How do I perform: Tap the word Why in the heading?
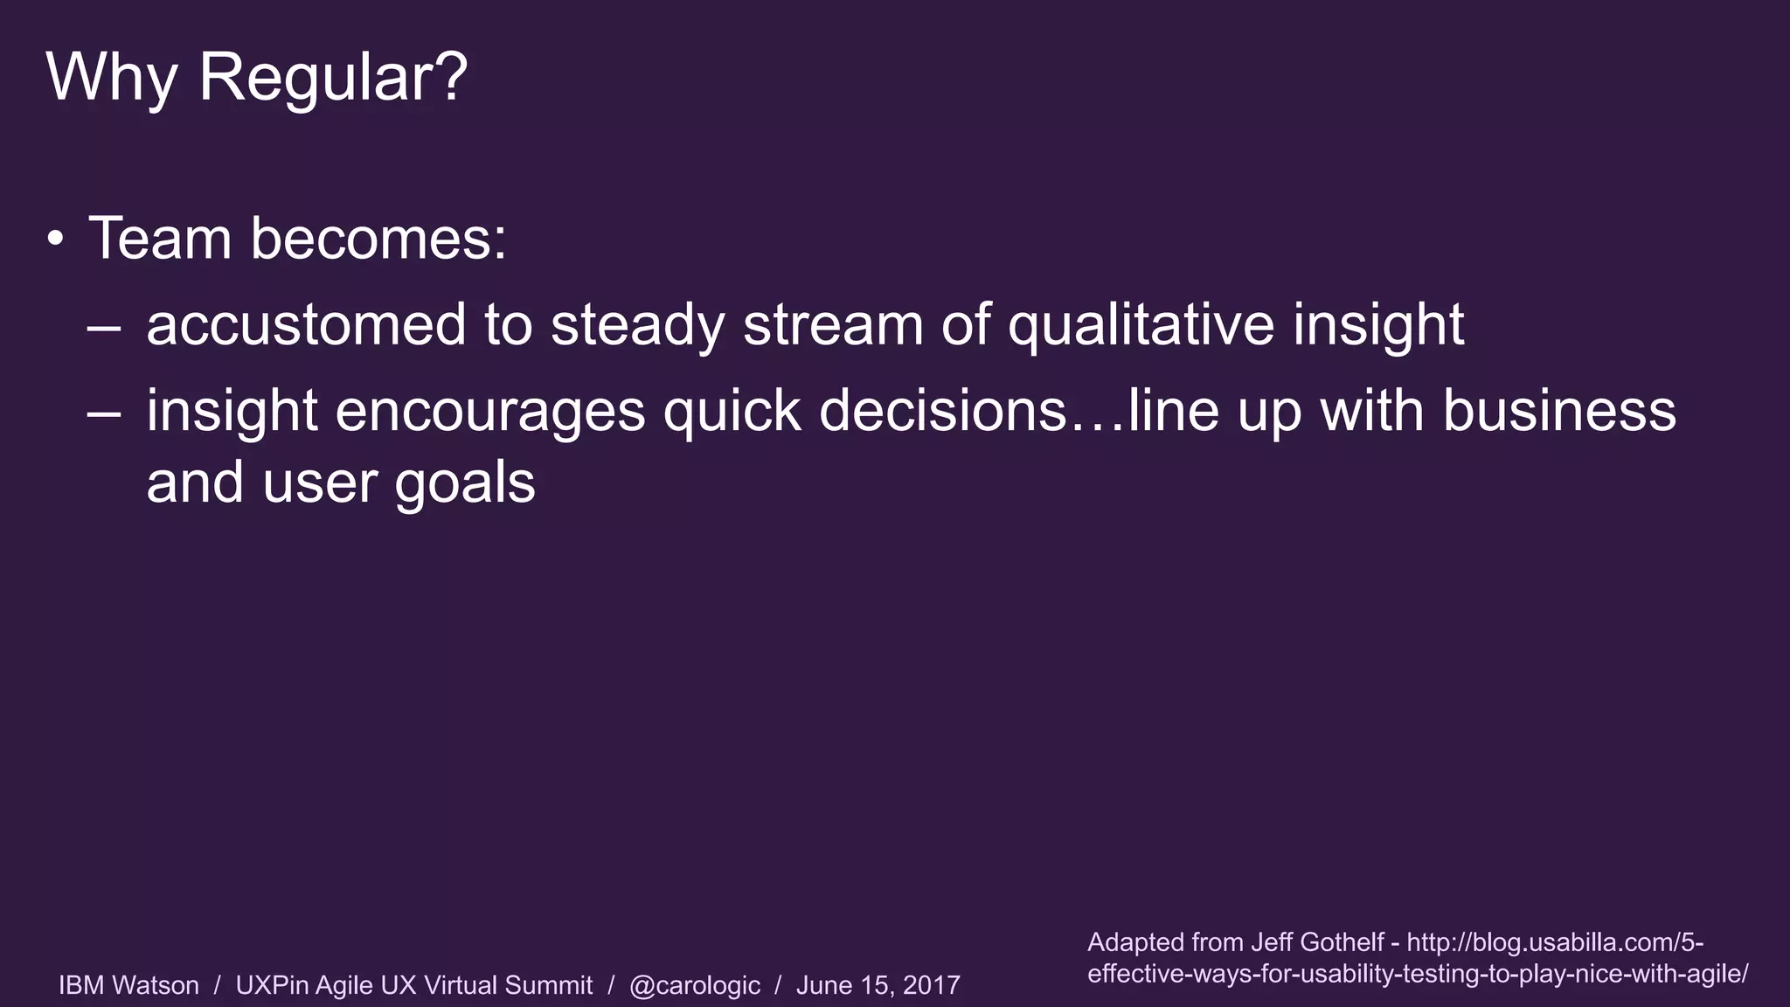[112, 79]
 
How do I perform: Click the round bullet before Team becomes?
[56, 239]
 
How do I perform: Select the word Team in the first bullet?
[159, 238]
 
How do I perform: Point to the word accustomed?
[306, 324]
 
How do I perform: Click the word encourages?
[489, 411]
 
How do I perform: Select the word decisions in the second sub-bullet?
[943, 411]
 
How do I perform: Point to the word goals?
[464, 483]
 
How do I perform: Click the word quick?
[732, 411]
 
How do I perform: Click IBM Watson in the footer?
[128, 985]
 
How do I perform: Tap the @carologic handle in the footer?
[695, 985]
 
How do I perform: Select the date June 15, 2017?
[878, 985]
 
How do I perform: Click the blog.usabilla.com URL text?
[1555, 942]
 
